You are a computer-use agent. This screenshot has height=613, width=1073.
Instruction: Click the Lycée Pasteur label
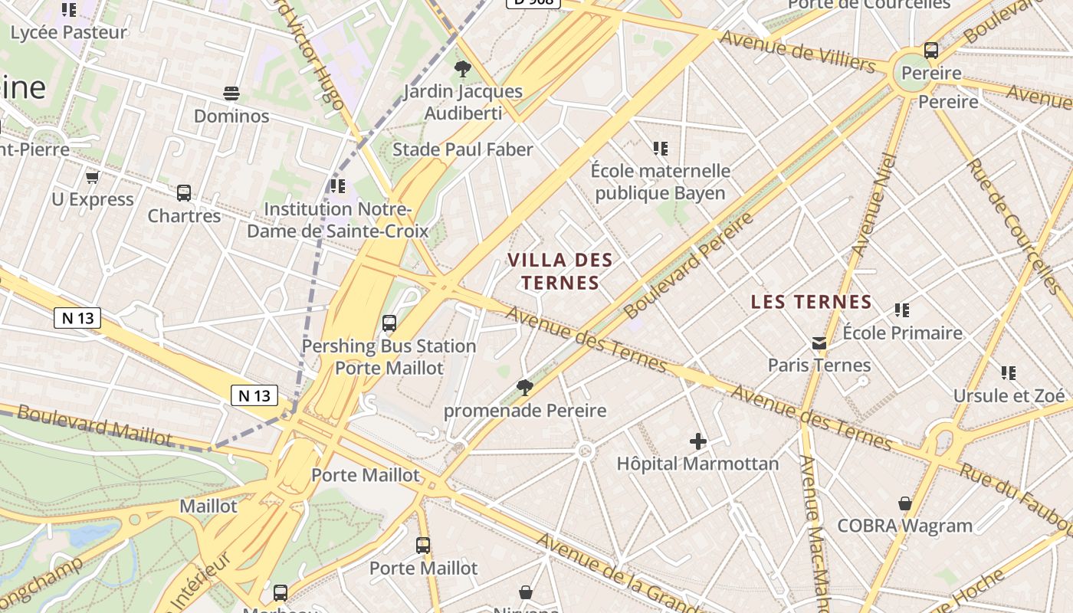pos(69,33)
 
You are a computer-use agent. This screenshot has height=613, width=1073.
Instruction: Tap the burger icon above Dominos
pos(231,93)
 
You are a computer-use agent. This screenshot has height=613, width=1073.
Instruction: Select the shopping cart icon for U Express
pos(92,177)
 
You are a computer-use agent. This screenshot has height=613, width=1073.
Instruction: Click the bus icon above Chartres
pos(184,193)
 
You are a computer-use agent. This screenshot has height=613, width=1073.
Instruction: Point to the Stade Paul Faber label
pos(462,149)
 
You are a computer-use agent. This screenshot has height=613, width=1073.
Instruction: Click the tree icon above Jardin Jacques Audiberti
pos(462,69)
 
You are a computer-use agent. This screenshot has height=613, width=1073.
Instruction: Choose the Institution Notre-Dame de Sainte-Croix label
pos(337,219)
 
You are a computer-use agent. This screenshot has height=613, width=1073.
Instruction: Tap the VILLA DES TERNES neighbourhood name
pos(560,271)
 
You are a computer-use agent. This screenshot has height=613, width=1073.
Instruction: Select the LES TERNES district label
pos(812,302)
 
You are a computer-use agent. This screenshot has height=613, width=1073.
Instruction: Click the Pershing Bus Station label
pos(389,346)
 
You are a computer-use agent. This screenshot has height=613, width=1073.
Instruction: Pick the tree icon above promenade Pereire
pos(525,388)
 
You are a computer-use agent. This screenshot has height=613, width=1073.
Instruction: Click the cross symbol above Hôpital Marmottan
pos(697,441)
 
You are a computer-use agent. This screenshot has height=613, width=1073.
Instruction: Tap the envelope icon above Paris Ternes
pos(819,343)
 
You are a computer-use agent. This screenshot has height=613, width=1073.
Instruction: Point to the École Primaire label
pos(902,333)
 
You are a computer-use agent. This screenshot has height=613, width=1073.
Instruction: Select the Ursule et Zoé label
pos(1009,395)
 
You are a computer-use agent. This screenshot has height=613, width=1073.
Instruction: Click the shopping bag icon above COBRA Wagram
pos(904,503)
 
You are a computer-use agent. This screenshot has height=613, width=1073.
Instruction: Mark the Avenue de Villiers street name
pos(797,51)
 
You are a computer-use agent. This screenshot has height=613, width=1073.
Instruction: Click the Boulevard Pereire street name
pos(688,267)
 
